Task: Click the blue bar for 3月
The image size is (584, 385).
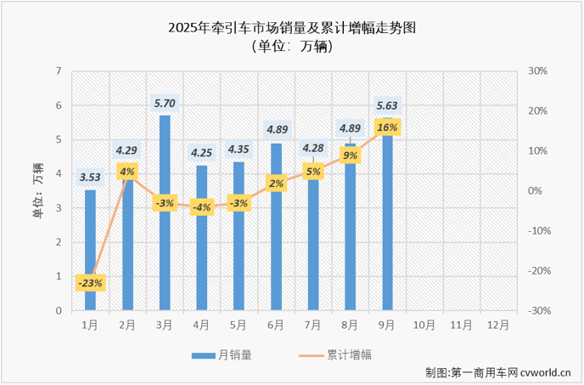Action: pos(165,212)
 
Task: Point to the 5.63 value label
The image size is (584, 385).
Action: pos(387,106)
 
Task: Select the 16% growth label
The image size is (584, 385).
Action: pos(387,127)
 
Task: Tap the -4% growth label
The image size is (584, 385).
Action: pos(201,207)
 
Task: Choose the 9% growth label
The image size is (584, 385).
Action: pos(350,156)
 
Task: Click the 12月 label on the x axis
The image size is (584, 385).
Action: pos(499,325)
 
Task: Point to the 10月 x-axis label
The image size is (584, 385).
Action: pos(424,325)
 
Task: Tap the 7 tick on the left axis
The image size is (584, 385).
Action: pos(59,71)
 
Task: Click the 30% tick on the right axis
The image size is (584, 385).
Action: pos(537,71)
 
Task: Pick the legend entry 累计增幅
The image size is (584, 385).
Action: pos(350,354)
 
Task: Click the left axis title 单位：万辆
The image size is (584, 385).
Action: pos(37,190)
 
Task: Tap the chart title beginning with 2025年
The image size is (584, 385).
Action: pos(292,28)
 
